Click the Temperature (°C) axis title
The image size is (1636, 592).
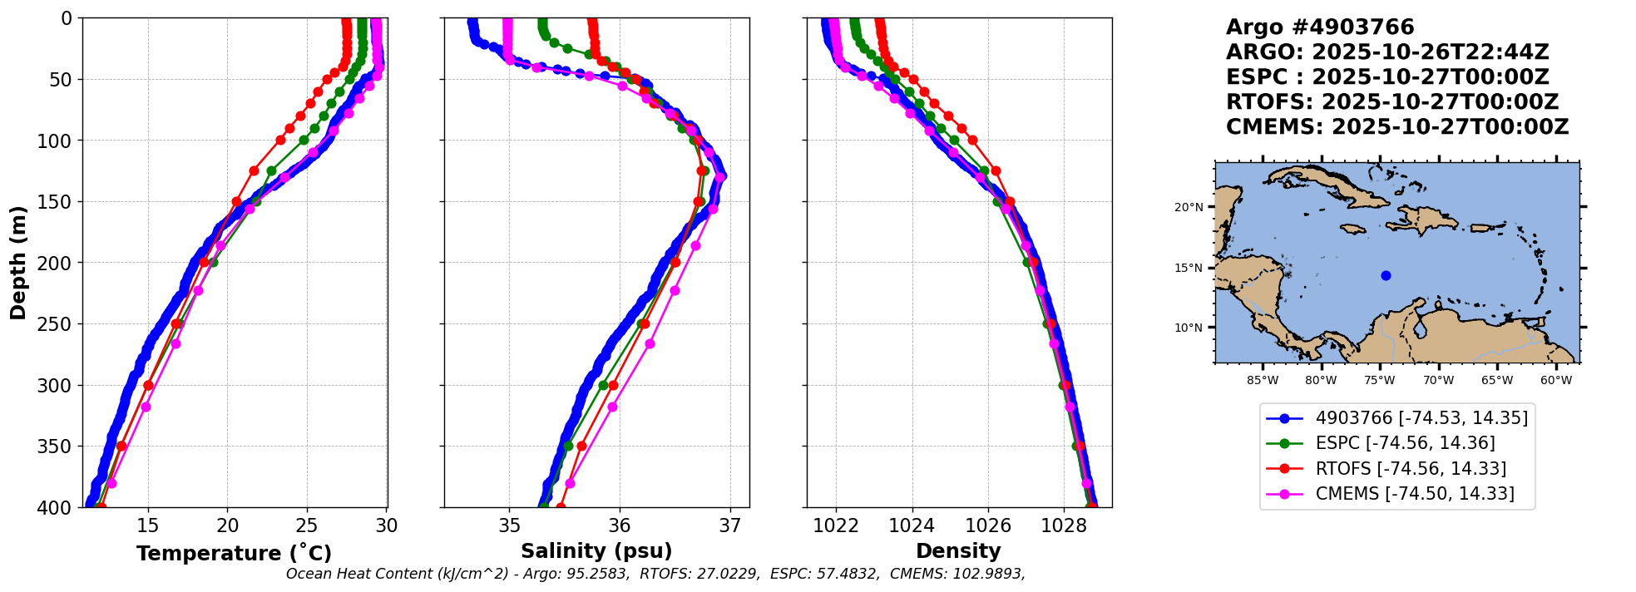pos(234,553)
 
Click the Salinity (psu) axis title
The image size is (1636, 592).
pos(596,550)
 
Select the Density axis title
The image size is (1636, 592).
pos(958,550)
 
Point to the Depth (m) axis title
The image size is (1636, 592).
pos(17,263)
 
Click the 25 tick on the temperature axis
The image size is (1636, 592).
pos(307,525)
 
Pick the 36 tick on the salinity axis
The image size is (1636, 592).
pos(620,525)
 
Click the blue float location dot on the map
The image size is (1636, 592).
pos(1386,275)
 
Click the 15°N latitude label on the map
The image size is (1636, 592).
pos(1189,268)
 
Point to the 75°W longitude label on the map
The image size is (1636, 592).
pos(1379,381)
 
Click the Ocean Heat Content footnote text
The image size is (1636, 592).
pos(655,574)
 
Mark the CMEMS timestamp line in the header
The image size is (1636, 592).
pos(1397,127)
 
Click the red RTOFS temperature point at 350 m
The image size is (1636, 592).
pos(121,446)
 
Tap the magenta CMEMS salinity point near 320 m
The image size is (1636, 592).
pos(612,407)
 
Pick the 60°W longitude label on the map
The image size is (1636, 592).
pos(1556,381)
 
